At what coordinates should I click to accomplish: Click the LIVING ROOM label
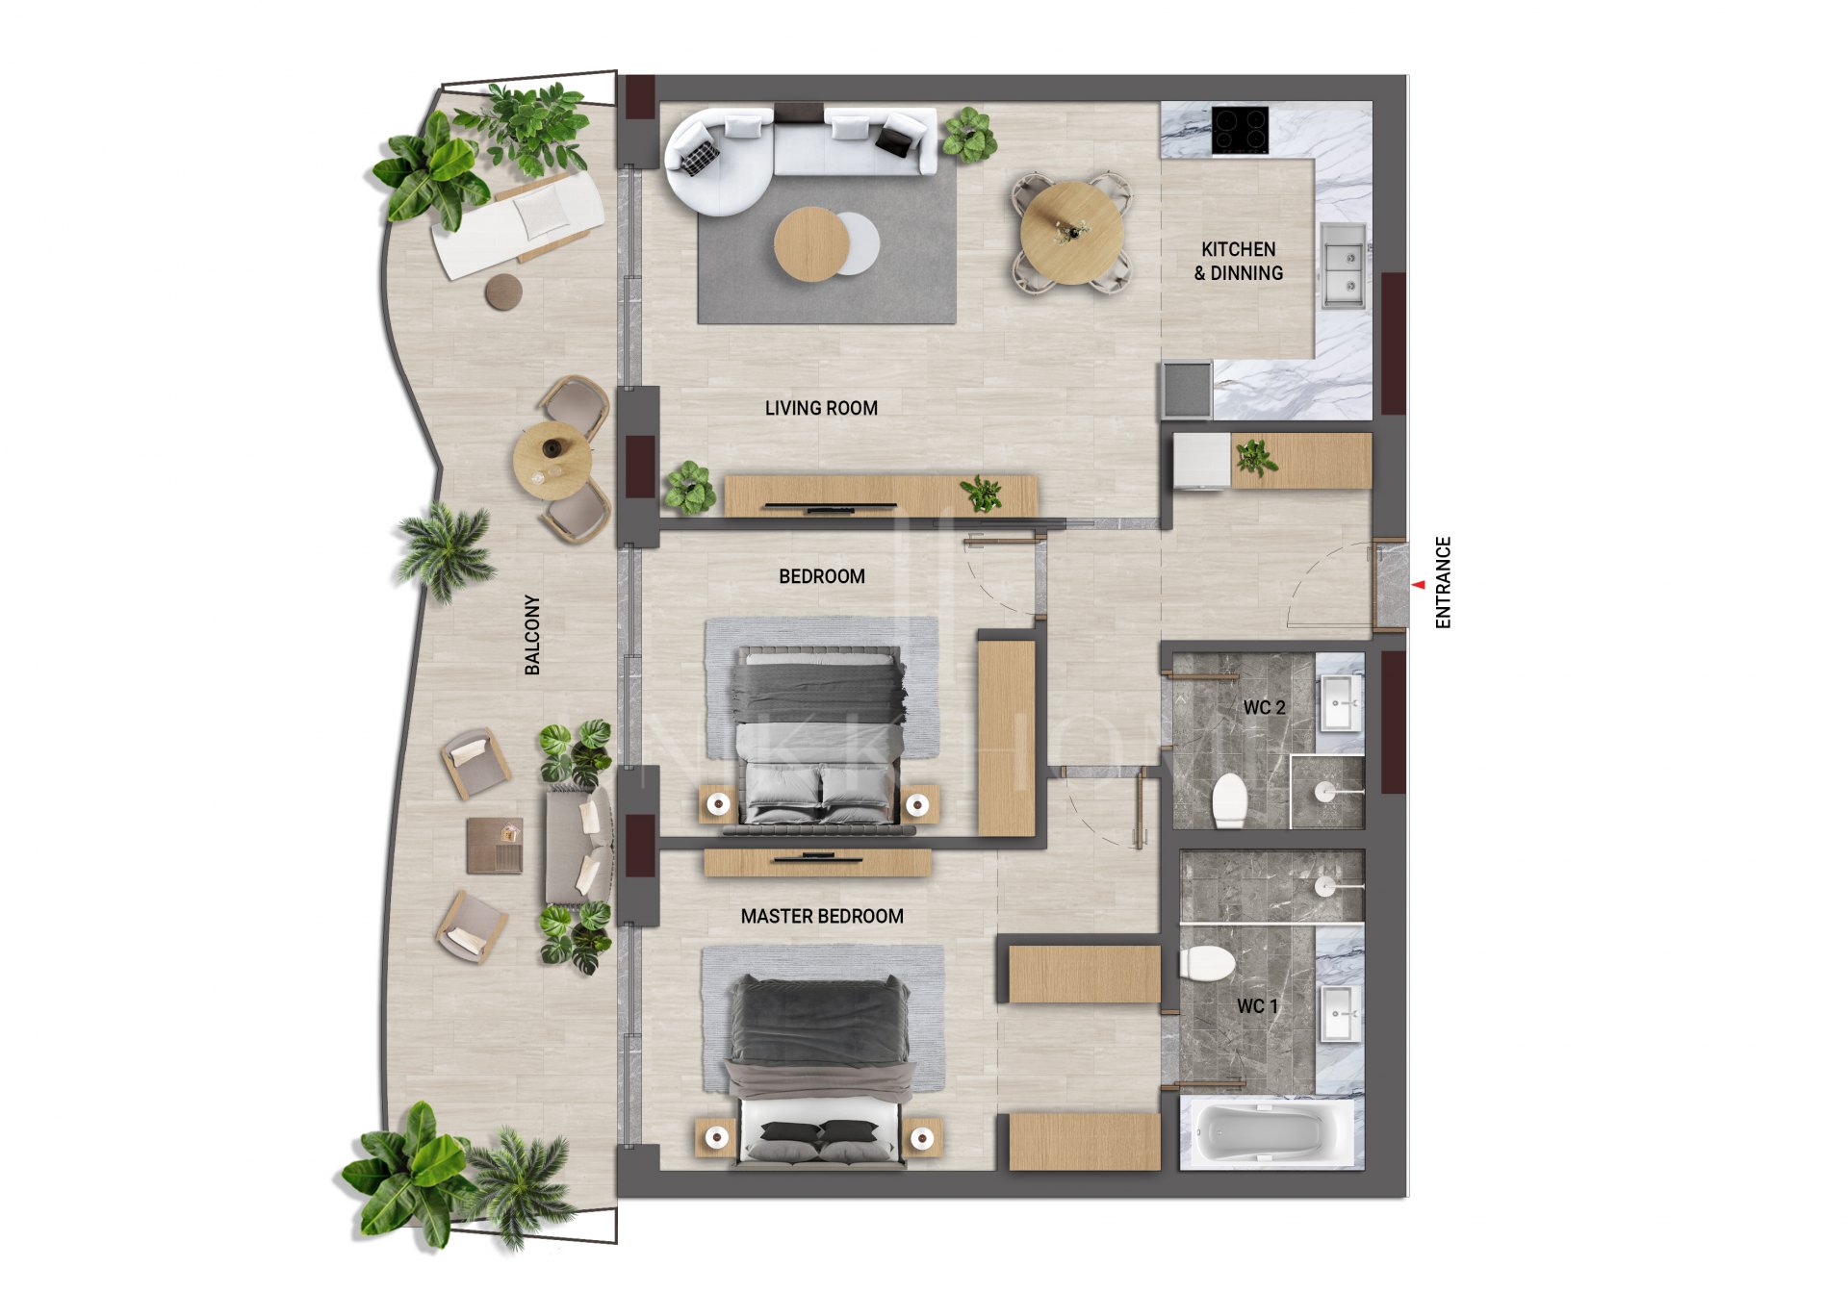tap(821, 408)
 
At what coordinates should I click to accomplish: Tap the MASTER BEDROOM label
tap(822, 916)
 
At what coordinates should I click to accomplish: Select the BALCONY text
tap(532, 634)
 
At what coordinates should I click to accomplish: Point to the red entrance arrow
tap(1419, 584)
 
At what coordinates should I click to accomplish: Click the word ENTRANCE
tap(1443, 582)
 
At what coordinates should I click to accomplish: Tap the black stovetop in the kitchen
tap(1240, 130)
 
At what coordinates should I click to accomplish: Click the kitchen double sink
tap(1343, 265)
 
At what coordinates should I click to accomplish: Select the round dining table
tap(1070, 233)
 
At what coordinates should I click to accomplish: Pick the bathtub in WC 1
tap(1261, 1132)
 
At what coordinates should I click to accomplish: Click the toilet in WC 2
tap(1229, 799)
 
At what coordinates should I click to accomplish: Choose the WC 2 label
tap(1264, 707)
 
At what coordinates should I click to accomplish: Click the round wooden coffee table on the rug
tap(811, 243)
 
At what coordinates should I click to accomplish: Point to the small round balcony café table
tap(552, 460)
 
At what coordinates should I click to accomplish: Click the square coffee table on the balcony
tap(495, 845)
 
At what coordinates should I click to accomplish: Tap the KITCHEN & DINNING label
tap(1238, 261)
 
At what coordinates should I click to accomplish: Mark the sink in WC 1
tap(1339, 1012)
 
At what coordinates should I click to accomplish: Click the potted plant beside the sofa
tap(968, 134)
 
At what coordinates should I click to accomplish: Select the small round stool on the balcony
tap(503, 292)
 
